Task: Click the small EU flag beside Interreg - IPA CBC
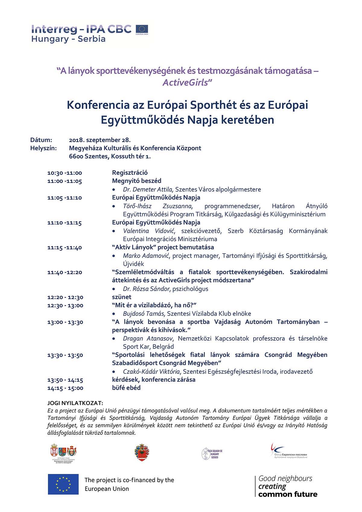click(x=142, y=29)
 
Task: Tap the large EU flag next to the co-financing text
click(x=63, y=484)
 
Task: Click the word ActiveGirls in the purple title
click(x=185, y=82)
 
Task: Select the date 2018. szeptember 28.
click(x=100, y=140)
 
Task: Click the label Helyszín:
click(x=43, y=148)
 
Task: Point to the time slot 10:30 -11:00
click(x=65, y=173)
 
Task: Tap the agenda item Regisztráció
click(x=130, y=173)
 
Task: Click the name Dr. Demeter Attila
click(x=148, y=189)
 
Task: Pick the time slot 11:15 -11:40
click(x=65, y=247)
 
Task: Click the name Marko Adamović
click(x=146, y=256)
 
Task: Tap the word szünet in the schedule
click(x=122, y=297)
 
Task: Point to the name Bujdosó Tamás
click(x=144, y=314)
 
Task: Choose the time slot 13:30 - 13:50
click(x=65, y=355)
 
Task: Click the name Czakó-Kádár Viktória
click(x=151, y=371)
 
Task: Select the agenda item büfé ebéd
click(x=126, y=388)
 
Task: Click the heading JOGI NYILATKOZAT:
click(x=75, y=403)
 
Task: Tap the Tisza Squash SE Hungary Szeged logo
click(x=212, y=453)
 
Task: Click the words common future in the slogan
click(x=288, y=494)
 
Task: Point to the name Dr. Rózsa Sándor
click(x=146, y=289)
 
